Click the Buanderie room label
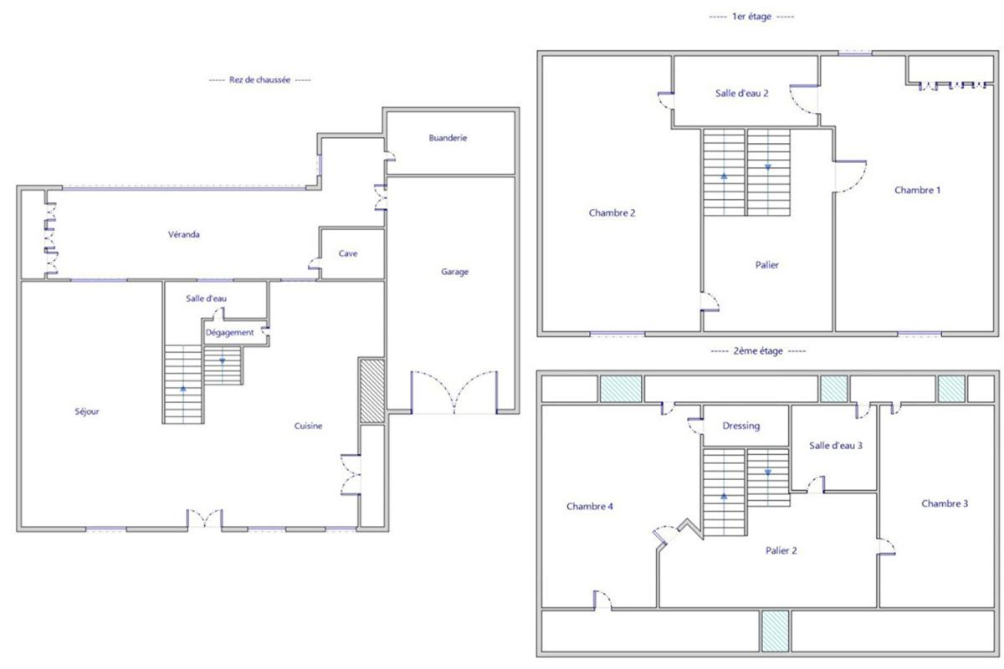click(448, 138)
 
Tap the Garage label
click(454, 272)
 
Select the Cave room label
click(348, 253)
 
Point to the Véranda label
click(184, 234)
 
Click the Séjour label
click(87, 411)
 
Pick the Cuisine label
click(309, 426)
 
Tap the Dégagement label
click(229, 333)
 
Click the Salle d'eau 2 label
click(742, 93)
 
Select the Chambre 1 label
click(918, 190)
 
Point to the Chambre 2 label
click(612, 213)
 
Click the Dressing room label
click(741, 426)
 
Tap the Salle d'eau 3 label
click(836, 446)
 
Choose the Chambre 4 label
click(589, 506)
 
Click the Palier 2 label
click(781, 551)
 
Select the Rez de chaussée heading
click(260, 79)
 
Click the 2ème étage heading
click(758, 351)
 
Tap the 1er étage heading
click(751, 17)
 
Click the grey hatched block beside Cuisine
click(372, 391)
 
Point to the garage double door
click(454, 392)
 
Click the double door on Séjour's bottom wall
click(204, 518)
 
